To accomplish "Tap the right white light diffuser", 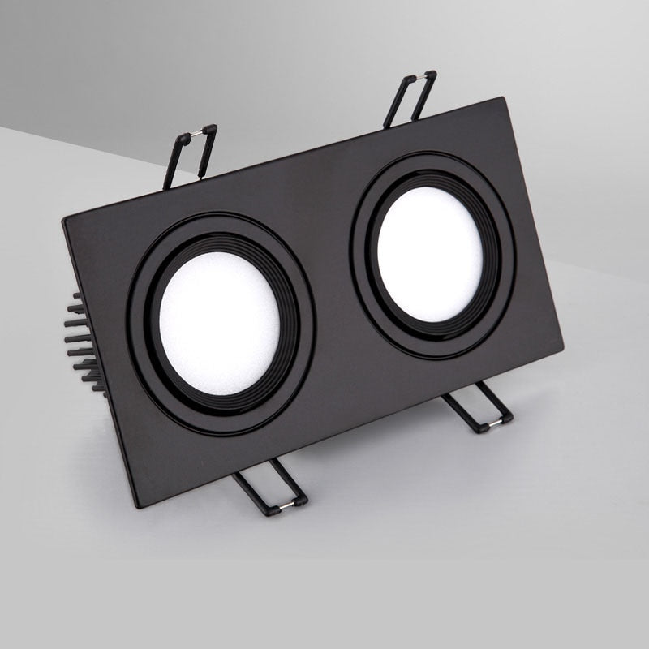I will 430,254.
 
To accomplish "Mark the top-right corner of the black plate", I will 505,99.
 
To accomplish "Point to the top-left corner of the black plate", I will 64,220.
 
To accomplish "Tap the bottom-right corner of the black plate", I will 561,350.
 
